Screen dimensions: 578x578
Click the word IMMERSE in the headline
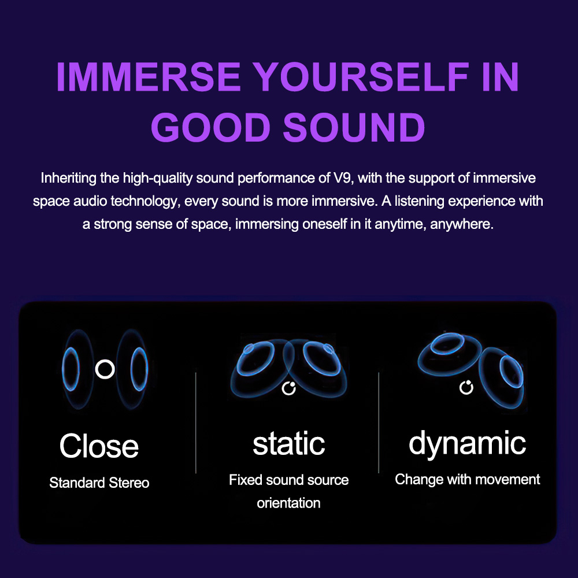149,77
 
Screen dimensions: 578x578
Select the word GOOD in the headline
211,127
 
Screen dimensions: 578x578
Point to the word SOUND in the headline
354,127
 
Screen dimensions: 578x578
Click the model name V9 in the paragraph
343,178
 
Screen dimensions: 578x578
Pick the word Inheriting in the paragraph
69,178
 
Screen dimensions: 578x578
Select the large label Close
99,446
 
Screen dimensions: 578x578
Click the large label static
288,443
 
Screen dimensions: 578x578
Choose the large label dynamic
467,444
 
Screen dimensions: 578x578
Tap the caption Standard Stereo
99,483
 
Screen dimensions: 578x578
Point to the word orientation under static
288,503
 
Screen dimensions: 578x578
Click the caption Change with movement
467,479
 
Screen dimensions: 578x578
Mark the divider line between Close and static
196,423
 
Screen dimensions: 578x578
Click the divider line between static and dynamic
379,423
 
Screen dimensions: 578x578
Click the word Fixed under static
245,480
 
